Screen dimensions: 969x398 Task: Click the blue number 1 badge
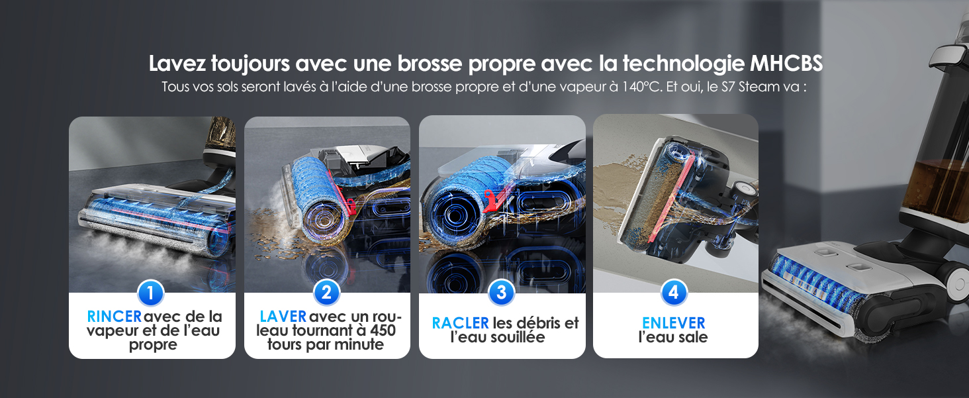point(150,293)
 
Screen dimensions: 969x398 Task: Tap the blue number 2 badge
point(326,293)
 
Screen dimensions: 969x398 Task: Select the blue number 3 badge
point(501,293)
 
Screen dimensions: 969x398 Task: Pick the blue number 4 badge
point(674,293)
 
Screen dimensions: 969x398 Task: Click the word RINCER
point(115,317)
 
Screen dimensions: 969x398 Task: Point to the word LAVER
point(283,317)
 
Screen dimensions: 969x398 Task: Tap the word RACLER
point(460,323)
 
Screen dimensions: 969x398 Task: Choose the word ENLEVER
point(674,323)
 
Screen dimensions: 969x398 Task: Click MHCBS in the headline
point(786,63)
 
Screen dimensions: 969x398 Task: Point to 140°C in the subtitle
point(641,87)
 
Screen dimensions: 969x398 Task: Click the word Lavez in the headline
point(177,63)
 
